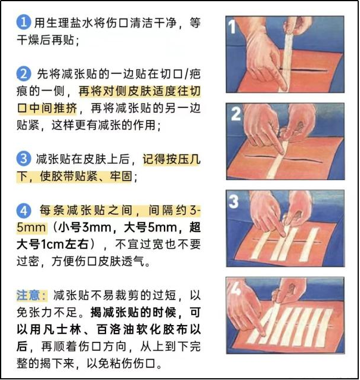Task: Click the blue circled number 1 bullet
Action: click(x=23, y=22)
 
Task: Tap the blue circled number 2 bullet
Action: click(x=23, y=74)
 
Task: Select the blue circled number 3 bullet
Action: click(x=23, y=159)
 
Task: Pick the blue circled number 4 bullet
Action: click(x=23, y=211)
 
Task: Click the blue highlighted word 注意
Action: click(x=28, y=295)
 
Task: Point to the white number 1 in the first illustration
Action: click(x=232, y=27)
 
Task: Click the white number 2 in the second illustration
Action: click(x=235, y=114)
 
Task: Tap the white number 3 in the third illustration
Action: click(x=234, y=201)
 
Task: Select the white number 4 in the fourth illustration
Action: click(x=235, y=288)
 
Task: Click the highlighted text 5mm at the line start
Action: click(x=31, y=227)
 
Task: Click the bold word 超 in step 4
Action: click(x=195, y=227)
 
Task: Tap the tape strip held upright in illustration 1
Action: click(x=287, y=61)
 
